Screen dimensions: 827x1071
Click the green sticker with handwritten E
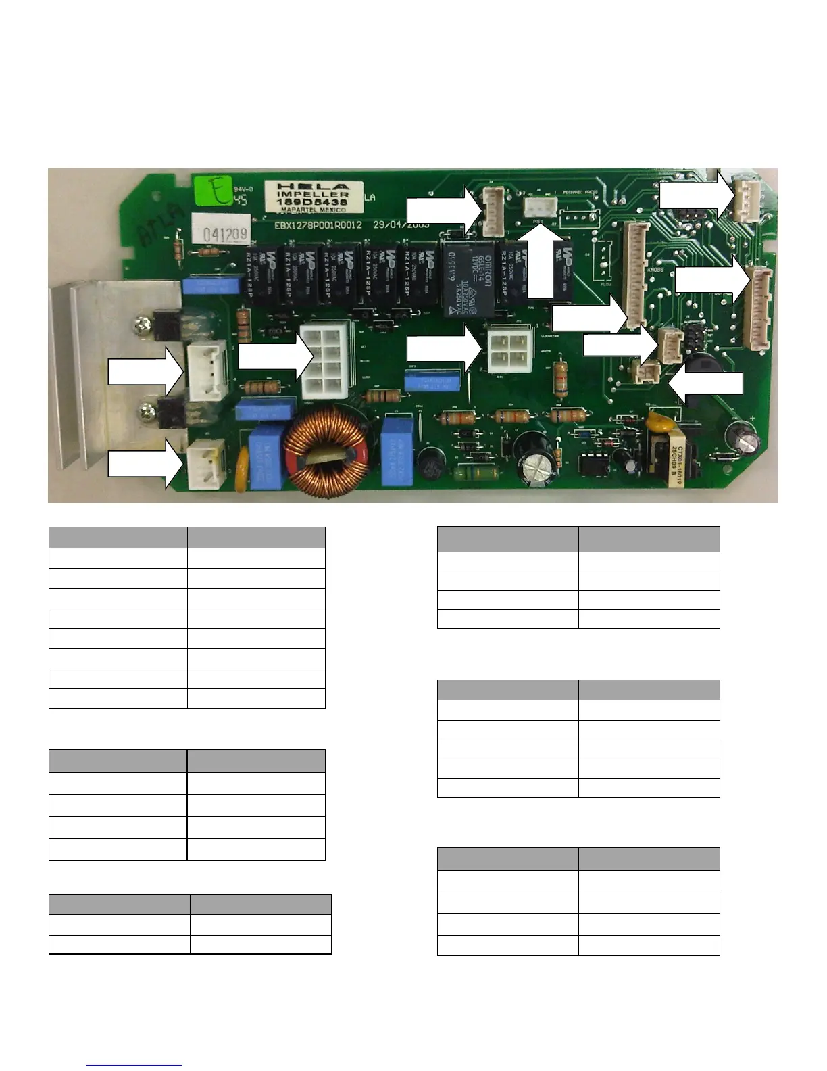pos(211,191)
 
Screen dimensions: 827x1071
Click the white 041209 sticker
pos(221,233)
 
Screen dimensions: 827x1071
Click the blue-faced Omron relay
pos(466,280)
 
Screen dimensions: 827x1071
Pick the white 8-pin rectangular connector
pos(324,360)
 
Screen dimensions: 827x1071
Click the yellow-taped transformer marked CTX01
pos(668,454)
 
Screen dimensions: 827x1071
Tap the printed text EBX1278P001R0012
pos(318,224)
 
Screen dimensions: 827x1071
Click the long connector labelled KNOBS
pos(636,275)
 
